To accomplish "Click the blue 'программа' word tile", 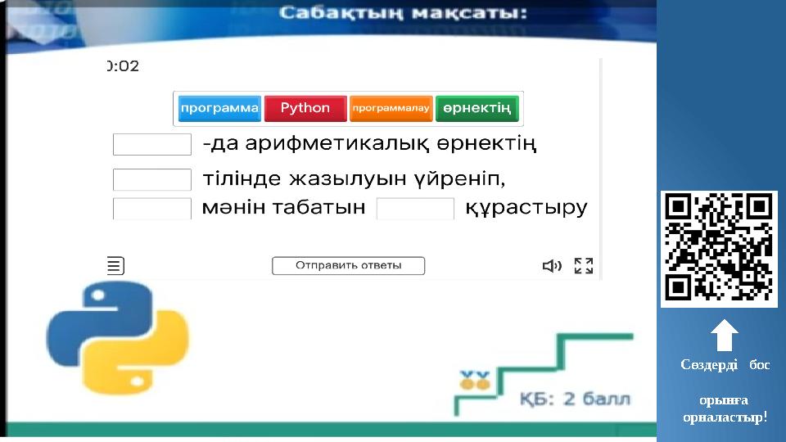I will click(x=219, y=108).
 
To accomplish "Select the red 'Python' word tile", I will click(x=305, y=108).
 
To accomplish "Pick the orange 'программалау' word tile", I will click(x=391, y=108).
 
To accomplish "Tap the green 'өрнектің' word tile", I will click(x=477, y=108).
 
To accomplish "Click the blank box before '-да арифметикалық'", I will click(x=152, y=145).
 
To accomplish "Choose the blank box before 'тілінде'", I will click(x=152, y=178).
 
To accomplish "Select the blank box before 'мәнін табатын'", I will click(x=152, y=208).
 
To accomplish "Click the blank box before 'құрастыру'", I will click(x=415, y=208).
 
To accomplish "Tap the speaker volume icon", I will click(x=553, y=265).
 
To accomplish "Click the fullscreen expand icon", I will click(x=584, y=265).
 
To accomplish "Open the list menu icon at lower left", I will click(x=116, y=265).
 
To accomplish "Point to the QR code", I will click(x=719, y=249).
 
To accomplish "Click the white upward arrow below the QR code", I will click(x=725, y=336).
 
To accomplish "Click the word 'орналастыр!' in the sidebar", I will click(x=725, y=417).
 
